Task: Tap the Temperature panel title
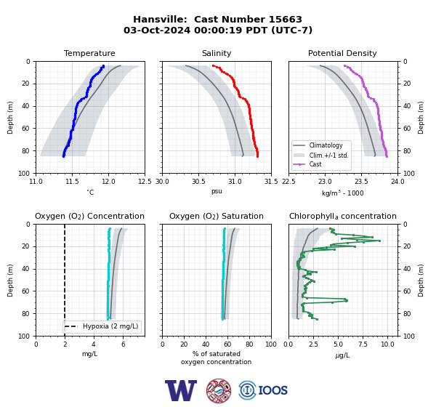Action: coord(89,53)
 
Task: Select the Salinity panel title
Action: coord(217,53)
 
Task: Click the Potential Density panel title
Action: coord(342,53)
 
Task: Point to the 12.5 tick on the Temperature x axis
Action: coord(145,182)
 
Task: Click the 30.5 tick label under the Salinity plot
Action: coord(198,182)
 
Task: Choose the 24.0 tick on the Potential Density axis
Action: coord(397,182)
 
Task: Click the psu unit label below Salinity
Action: coord(217,191)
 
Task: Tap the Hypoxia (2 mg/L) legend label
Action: coord(110,326)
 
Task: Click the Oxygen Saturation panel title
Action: coord(217,216)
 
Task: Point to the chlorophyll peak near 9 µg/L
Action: coord(379,241)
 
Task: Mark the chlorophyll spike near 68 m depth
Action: coord(346,300)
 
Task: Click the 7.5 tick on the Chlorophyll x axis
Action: coord(363,344)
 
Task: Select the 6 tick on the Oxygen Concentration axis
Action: coord(123,344)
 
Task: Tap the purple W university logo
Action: coord(181,390)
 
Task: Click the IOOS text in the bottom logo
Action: coord(272,390)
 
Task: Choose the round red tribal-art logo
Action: coord(219,390)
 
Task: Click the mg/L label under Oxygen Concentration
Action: coord(89,354)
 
